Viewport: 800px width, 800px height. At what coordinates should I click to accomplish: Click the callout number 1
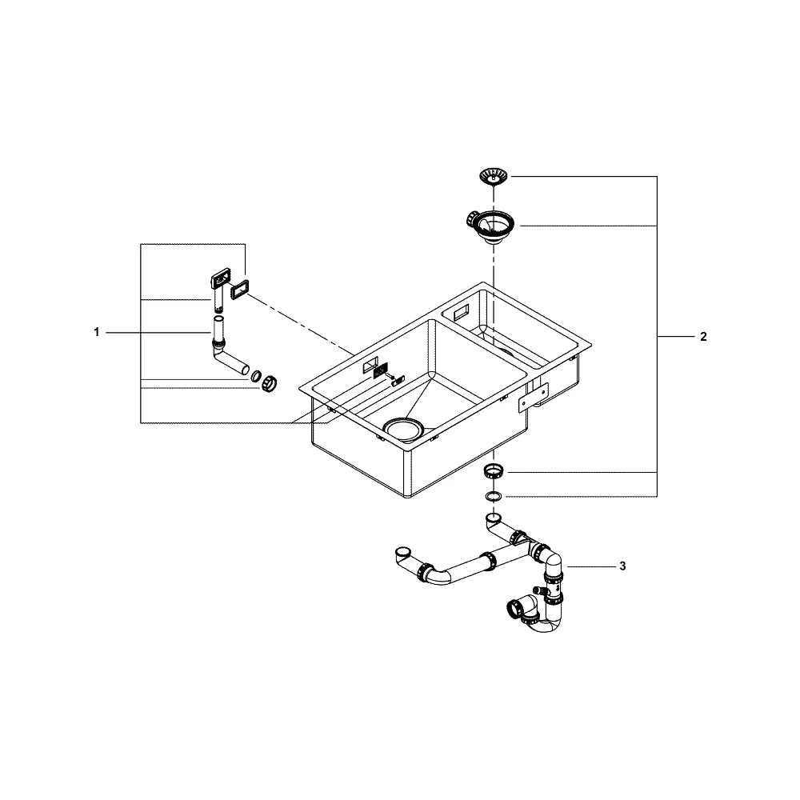97,333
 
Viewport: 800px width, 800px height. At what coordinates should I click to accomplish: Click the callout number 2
703,337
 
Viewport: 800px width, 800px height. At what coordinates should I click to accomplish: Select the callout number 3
622,566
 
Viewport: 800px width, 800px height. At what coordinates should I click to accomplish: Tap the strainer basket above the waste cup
494,177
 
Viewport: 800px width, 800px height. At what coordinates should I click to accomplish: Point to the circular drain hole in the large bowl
403,427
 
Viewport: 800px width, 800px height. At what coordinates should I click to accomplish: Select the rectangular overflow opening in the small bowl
458,311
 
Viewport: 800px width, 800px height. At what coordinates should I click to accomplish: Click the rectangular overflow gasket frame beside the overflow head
239,290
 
